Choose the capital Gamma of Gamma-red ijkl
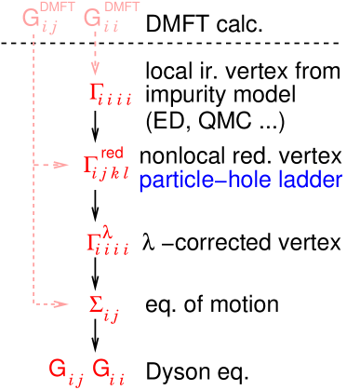(x=92, y=166)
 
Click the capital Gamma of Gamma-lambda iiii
(x=93, y=243)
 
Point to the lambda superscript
(x=108, y=230)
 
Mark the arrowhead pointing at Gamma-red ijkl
(x=61, y=165)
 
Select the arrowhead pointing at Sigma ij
(x=61, y=303)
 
